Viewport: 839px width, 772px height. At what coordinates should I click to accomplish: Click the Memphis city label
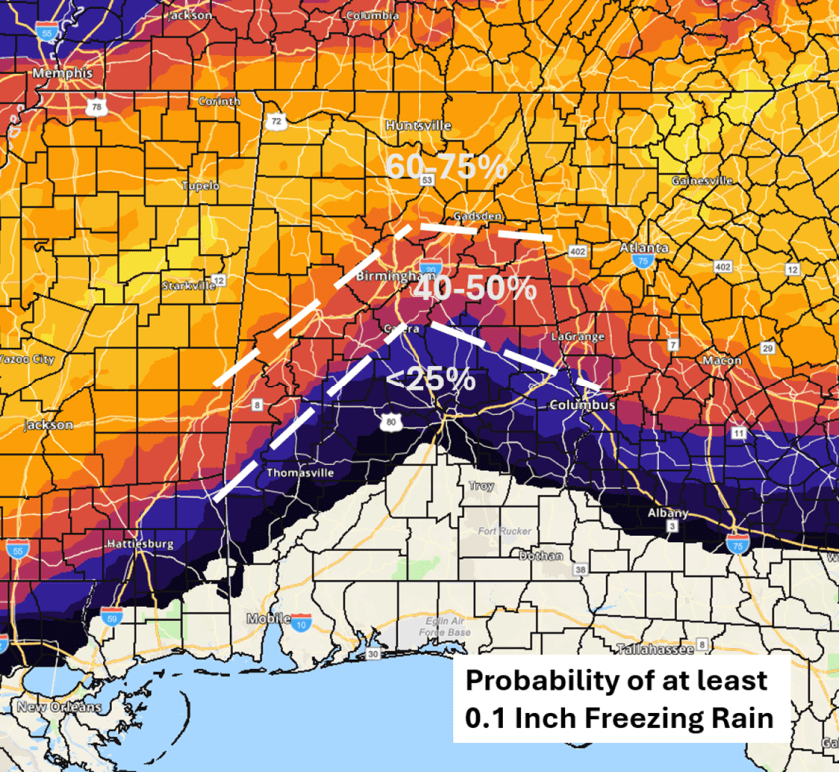(62, 74)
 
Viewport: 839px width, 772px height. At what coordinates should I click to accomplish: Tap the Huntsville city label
(419, 126)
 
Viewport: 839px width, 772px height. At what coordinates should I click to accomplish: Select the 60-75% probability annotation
(446, 168)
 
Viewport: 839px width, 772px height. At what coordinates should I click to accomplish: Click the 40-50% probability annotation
(475, 289)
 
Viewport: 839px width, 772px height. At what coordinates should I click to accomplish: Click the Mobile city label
(268, 619)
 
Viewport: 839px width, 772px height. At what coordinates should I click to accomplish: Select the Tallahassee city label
(655, 649)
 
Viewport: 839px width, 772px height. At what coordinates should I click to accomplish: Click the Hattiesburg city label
(140, 545)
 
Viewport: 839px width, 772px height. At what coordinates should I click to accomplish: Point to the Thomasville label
(300, 474)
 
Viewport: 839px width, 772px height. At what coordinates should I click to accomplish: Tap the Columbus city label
(581, 406)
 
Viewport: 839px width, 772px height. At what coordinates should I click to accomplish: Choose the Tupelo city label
(200, 186)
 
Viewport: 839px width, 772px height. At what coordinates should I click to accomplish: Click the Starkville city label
(188, 286)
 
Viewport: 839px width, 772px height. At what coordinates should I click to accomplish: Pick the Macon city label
(721, 360)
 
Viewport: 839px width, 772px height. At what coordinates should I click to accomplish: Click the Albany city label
(668, 512)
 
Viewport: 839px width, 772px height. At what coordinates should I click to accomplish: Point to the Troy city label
(481, 486)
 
